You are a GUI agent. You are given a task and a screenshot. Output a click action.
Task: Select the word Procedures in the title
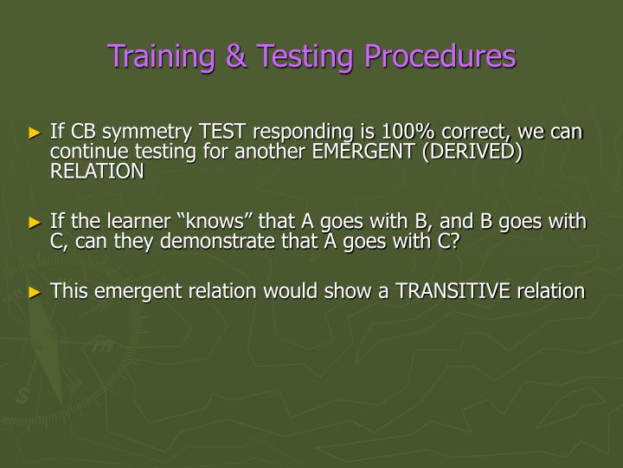pyautogui.click(x=439, y=57)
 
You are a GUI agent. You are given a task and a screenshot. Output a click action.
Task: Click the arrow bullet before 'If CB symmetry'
pyautogui.click(x=35, y=133)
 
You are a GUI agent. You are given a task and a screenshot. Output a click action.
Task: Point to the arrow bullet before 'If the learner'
pyautogui.click(x=35, y=223)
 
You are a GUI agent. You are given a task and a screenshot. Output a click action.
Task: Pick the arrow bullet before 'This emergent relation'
pyautogui.click(x=35, y=291)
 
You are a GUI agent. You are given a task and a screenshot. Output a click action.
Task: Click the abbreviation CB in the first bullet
pyautogui.click(x=84, y=133)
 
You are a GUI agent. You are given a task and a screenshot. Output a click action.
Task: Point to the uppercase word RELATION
pyautogui.click(x=97, y=171)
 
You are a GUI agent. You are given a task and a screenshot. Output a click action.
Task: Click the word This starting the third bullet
pyautogui.click(x=69, y=290)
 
